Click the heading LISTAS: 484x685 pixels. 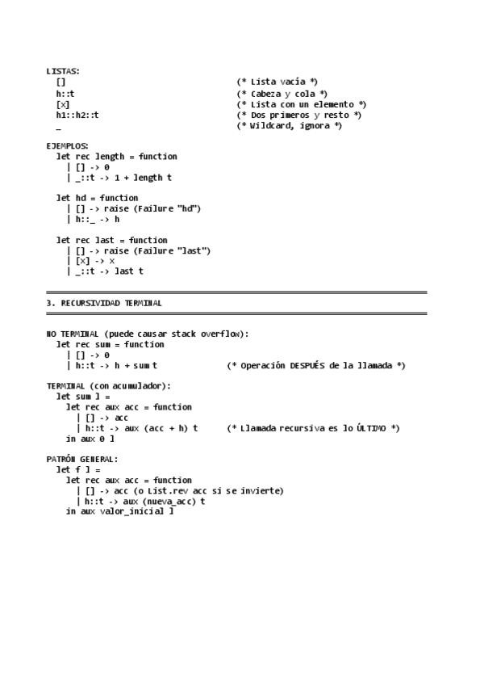pyautogui.click(x=63, y=71)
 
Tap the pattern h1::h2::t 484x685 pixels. pyautogui.click(x=72, y=115)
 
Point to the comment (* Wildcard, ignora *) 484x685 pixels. pyautogui.click(x=289, y=125)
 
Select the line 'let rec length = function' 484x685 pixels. pyautogui.click(x=116, y=156)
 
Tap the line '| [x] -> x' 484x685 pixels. pyautogui.click(x=91, y=261)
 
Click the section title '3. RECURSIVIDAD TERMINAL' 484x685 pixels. pyautogui.click(x=104, y=303)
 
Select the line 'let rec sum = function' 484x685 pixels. pyautogui.click(x=110, y=344)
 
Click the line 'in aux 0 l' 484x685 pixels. pyautogui.click(x=90, y=439)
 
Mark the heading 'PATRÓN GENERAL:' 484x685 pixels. pyautogui.click(x=82, y=459)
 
